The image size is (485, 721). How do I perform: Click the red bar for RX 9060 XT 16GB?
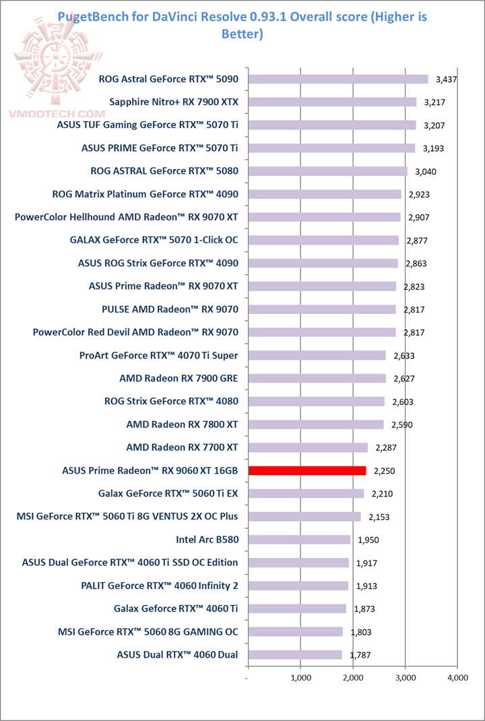click(x=307, y=470)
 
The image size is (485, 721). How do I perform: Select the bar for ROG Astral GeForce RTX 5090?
click(x=338, y=79)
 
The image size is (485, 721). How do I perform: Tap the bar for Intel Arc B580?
click(x=300, y=539)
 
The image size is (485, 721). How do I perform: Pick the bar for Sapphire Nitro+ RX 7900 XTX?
click(x=333, y=102)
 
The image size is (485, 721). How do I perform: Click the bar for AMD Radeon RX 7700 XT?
click(x=309, y=447)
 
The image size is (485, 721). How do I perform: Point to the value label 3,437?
click(x=447, y=80)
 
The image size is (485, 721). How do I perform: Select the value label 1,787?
click(x=360, y=655)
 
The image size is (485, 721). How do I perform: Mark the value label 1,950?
click(x=368, y=540)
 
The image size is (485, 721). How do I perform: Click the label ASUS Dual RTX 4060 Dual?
click(x=177, y=654)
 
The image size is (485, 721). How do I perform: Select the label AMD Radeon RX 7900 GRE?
click(x=179, y=378)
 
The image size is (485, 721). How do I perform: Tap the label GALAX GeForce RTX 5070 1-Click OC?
click(x=154, y=240)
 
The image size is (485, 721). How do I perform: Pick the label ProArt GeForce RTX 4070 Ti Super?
click(x=158, y=355)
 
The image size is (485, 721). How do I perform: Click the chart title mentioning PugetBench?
click(x=243, y=24)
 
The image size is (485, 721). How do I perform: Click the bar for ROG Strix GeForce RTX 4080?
click(x=317, y=402)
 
